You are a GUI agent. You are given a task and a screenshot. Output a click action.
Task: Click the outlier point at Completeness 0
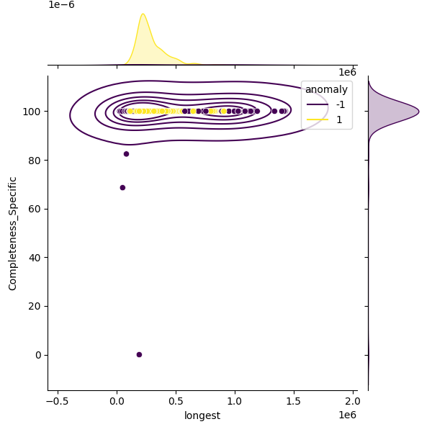coord(139,354)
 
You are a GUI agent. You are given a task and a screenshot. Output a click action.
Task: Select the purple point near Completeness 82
coord(126,154)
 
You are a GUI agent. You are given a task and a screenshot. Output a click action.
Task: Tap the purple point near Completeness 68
coord(122,188)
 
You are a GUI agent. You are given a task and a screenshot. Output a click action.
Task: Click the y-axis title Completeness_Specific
coord(12,232)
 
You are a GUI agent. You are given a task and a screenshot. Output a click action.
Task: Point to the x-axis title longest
coord(202,415)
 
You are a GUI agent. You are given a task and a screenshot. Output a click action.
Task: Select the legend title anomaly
coord(326,90)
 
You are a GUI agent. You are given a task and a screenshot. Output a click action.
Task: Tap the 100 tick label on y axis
coord(31,112)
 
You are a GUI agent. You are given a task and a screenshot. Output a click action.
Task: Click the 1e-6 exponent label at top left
coord(61,5)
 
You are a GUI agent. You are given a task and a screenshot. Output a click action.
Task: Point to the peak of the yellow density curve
coord(143,14)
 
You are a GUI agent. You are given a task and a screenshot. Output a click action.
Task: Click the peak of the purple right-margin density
coord(418,112)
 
